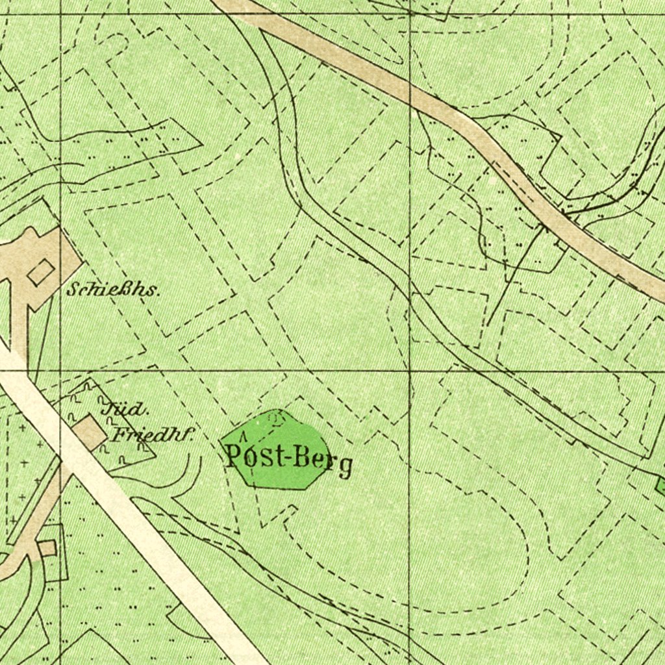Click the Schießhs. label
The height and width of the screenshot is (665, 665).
point(112,290)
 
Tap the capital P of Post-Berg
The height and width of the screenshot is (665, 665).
point(234,456)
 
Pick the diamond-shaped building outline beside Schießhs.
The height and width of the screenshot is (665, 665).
point(40,271)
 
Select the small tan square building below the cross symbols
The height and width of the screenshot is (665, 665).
point(47,548)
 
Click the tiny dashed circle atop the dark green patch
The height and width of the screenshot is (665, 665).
point(276,418)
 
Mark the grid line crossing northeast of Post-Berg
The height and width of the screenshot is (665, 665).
point(410,371)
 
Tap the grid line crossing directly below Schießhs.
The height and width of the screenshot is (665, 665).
point(60,371)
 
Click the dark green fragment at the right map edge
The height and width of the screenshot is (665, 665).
point(660,484)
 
